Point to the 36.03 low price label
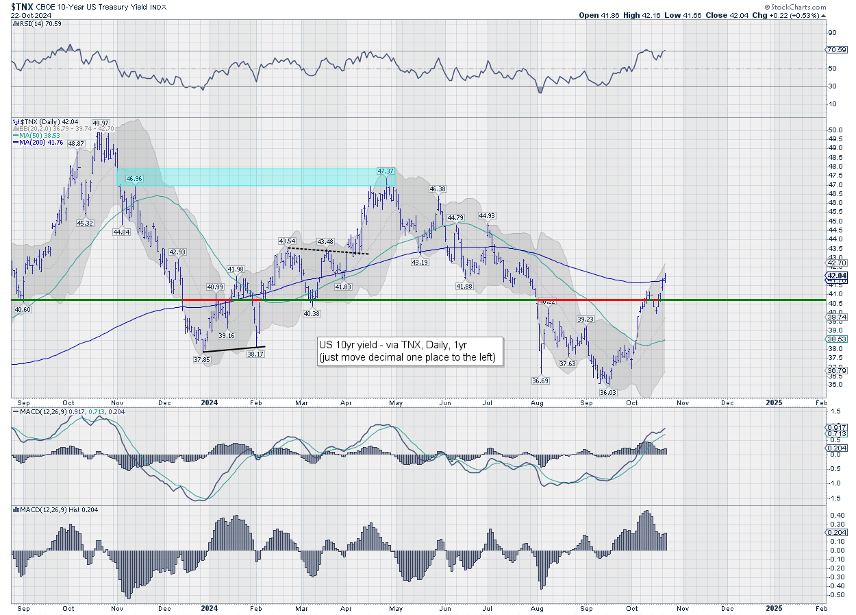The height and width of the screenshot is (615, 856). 607,392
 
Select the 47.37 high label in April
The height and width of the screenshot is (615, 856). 386,171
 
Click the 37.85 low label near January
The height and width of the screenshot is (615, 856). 201,359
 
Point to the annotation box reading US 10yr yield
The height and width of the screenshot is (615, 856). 410,351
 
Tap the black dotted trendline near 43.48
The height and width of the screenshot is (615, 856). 328,251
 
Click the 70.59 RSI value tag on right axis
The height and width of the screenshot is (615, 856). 836,50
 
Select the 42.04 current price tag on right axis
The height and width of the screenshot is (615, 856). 836,276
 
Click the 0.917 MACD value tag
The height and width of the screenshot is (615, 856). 835,426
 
